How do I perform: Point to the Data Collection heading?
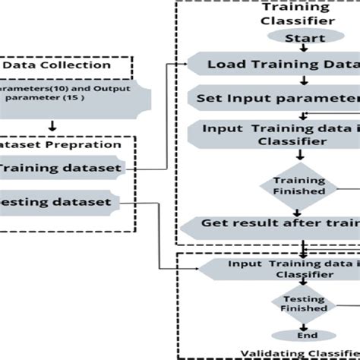[58, 65]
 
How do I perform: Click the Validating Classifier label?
[300, 352]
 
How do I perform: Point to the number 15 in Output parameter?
[89, 99]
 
